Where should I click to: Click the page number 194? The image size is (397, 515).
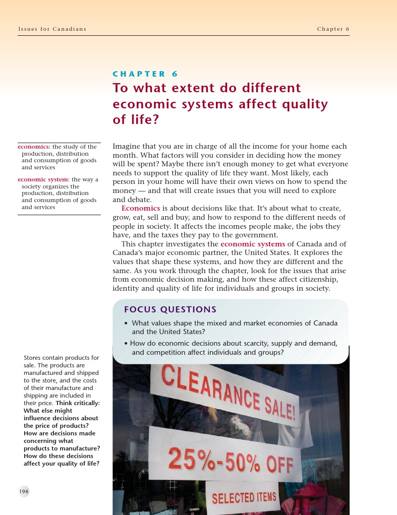coord(24,491)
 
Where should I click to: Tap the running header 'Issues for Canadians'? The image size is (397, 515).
coord(52,29)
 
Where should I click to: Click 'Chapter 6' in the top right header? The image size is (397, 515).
coord(333,29)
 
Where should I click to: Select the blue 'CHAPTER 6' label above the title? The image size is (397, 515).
coord(145,74)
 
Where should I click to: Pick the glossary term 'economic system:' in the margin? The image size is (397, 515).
coord(44,179)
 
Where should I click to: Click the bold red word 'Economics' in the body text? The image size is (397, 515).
coord(141,208)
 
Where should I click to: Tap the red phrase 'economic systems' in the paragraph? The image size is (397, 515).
coord(253,244)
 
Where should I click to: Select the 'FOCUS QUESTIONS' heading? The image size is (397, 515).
coord(171,309)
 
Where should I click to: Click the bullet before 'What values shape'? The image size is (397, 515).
coord(126,324)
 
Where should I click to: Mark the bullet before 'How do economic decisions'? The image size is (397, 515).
coord(126,344)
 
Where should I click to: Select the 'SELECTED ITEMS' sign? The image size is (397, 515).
coord(244,497)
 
